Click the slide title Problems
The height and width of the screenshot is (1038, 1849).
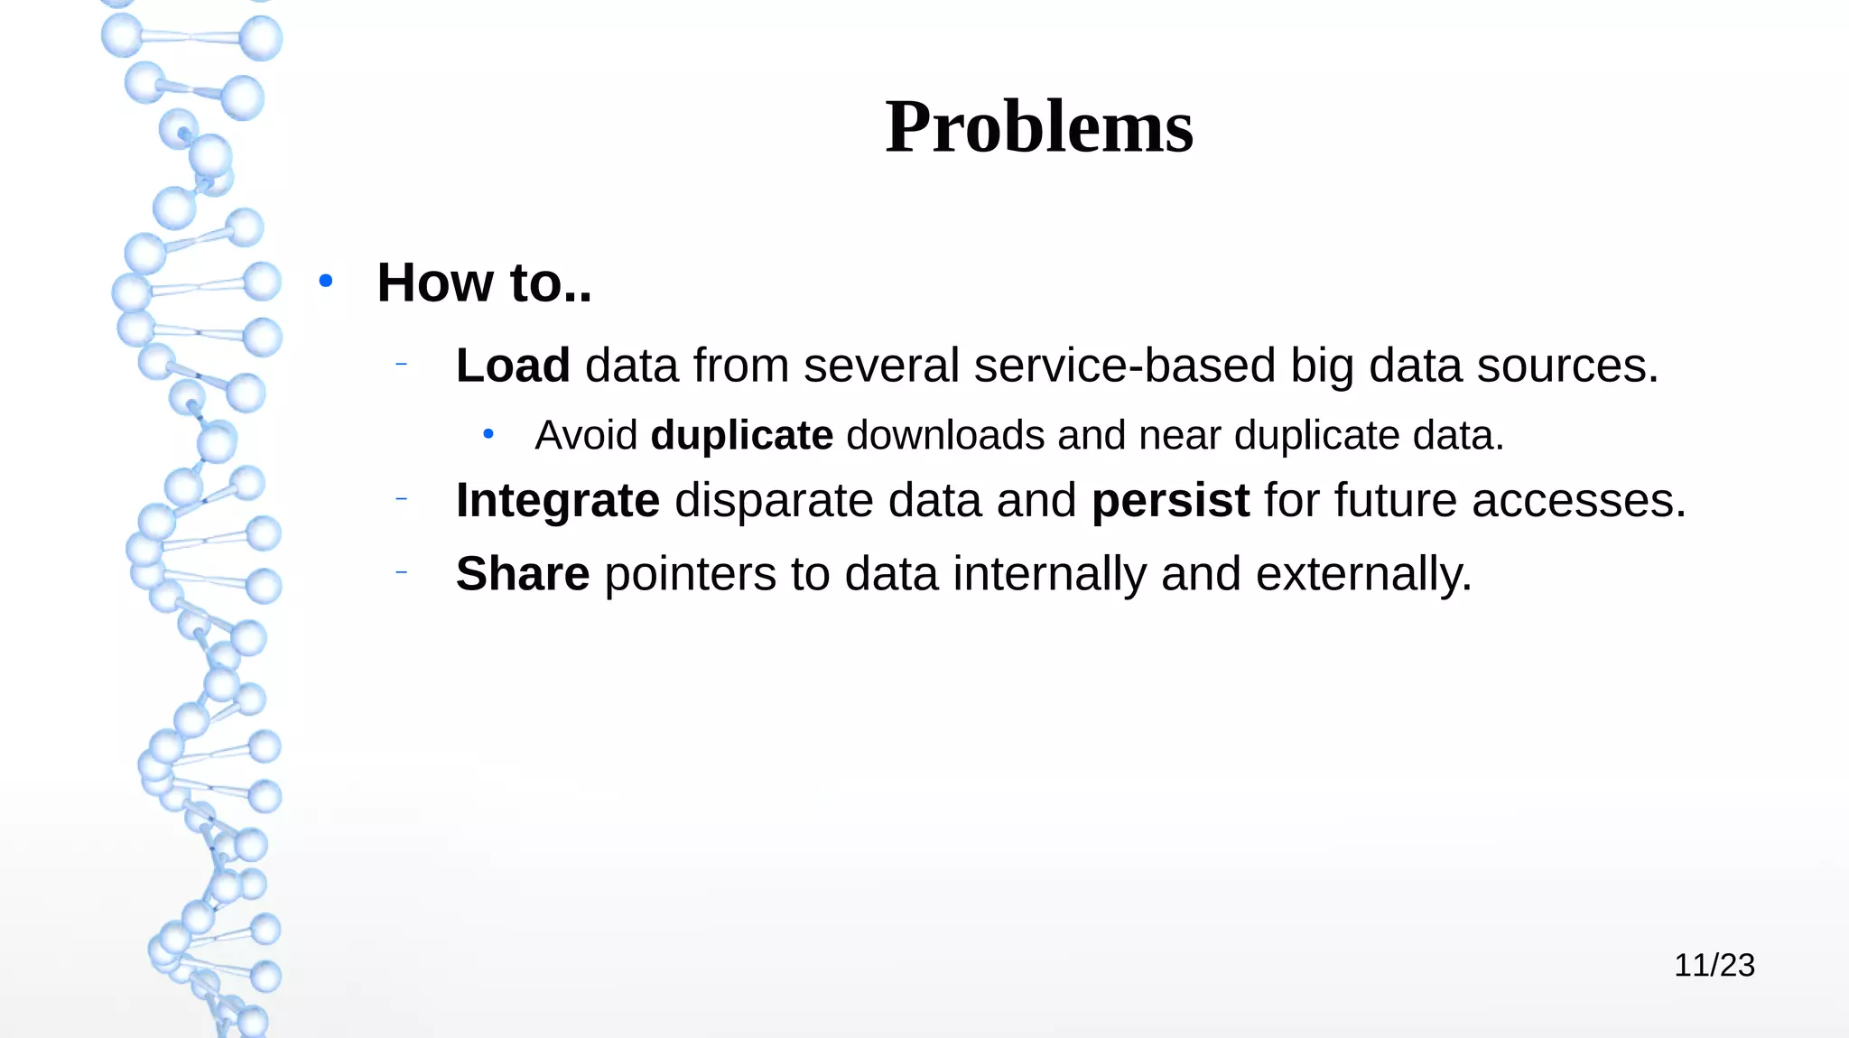click(x=1039, y=127)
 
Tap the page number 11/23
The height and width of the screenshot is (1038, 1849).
click(x=1714, y=965)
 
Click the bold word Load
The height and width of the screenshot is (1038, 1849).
click(x=513, y=366)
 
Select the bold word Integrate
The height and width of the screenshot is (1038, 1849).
click(x=558, y=500)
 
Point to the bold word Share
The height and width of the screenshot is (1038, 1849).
click(x=523, y=574)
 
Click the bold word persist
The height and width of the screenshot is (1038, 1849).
click(x=1170, y=500)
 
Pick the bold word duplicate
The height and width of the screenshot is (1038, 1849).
click(x=741, y=435)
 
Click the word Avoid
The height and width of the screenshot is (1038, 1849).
click(x=586, y=435)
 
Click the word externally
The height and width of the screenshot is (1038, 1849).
click(x=1363, y=574)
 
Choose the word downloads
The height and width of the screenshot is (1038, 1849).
click(x=945, y=435)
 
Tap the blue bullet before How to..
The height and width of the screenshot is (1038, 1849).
click(x=326, y=282)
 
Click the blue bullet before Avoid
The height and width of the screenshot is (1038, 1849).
click(x=488, y=435)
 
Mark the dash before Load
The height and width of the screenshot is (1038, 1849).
click(x=402, y=365)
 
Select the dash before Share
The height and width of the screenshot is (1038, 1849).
click(x=402, y=572)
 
